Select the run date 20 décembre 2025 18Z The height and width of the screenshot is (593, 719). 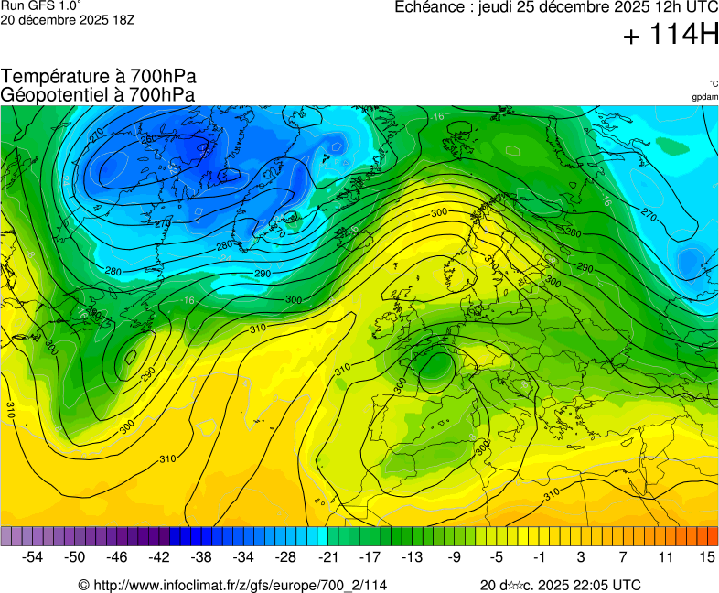click(x=68, y=19)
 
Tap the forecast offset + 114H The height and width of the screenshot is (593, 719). click(x=670, y=35)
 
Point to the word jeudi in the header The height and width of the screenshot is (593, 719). click(x=498, y=7)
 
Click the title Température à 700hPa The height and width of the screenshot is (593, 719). click(x=99, y=77)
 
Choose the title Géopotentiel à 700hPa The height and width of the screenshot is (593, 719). click(x=98, y=94)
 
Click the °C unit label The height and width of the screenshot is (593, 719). click(x=713, y=83)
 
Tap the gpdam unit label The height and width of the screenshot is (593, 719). click(x=704, y=96)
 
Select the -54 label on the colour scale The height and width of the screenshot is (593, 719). click(x=33, y=556)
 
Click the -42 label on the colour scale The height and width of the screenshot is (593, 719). click(x=159, y=556)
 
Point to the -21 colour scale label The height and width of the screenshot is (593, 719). click(x=328, y=556)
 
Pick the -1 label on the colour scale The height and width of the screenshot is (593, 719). click(x=539, y=556)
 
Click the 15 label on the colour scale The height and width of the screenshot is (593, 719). click(x=706, y=556)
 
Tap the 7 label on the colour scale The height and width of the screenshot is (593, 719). click(x=622, y=556)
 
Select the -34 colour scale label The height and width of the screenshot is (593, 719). click(x=243, y=556)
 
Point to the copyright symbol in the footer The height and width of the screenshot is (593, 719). click(x=83, y=585)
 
